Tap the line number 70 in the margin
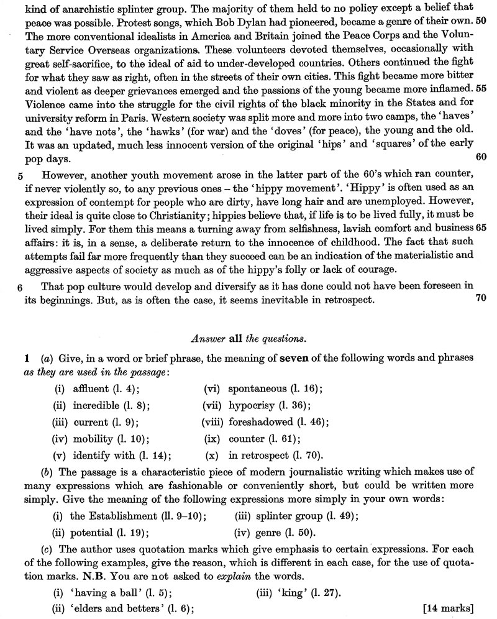[x=480, y=297]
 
